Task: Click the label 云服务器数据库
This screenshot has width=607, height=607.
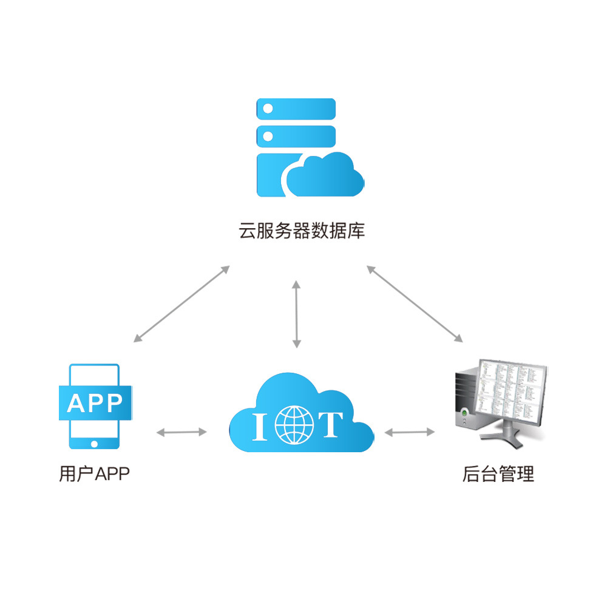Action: point(302,231)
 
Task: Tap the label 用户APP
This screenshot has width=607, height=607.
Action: point(95,473)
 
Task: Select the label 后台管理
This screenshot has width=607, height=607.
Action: point(498,473)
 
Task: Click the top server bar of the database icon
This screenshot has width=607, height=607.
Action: point(296,109)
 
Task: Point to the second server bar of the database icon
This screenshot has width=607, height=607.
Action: point(296,136)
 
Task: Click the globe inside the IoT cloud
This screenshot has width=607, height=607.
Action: point(295,423)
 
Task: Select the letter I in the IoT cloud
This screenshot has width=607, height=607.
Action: point(259,425)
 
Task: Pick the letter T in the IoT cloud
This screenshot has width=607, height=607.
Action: point(331,424)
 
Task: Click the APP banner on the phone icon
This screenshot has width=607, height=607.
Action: point(95,402)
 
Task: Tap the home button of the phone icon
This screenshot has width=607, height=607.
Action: point(94,444)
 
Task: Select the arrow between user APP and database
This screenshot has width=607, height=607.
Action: point(181,303)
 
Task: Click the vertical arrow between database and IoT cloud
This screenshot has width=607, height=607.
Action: point(296,314)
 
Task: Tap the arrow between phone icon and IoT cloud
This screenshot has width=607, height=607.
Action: point(181,432)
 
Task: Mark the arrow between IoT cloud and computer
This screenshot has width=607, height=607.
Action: point(410,432)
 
